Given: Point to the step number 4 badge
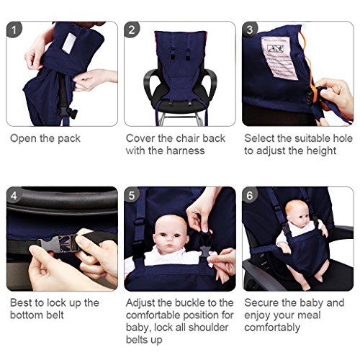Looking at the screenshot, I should (15, 195).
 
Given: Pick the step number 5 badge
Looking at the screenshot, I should (132, 195).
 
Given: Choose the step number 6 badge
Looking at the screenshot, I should (251, 195).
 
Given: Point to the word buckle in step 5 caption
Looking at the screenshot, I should (189, 303).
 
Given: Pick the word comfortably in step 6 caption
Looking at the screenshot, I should (275, 328).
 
